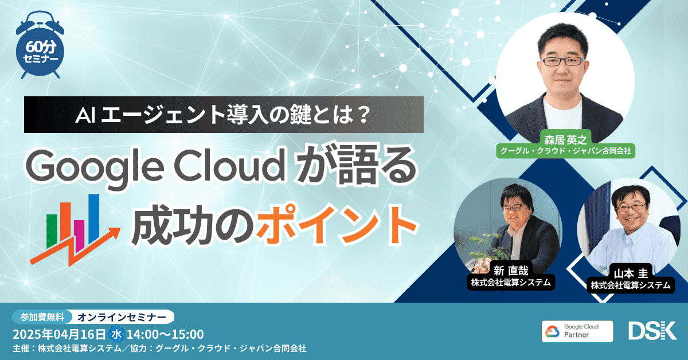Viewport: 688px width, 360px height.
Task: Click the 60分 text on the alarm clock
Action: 41,48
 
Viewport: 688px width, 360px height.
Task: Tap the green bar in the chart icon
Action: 52,231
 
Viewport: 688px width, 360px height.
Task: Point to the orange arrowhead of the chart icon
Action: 114,233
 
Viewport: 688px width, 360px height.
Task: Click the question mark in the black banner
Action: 363,115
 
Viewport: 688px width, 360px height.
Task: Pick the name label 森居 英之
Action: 565,140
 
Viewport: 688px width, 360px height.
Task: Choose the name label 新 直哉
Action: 511,271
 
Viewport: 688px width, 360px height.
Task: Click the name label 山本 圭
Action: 631,273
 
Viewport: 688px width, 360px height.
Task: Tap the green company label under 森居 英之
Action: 565,151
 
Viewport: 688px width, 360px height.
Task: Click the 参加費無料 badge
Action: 42,316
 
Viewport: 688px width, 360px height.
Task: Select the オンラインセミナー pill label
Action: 122,317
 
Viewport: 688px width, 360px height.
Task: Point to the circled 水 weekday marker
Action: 116,334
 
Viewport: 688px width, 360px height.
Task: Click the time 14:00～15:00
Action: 165,334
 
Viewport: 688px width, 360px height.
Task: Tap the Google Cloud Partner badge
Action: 577,331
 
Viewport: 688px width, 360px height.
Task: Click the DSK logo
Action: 652,331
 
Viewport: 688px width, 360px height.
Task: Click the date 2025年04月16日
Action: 59,334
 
